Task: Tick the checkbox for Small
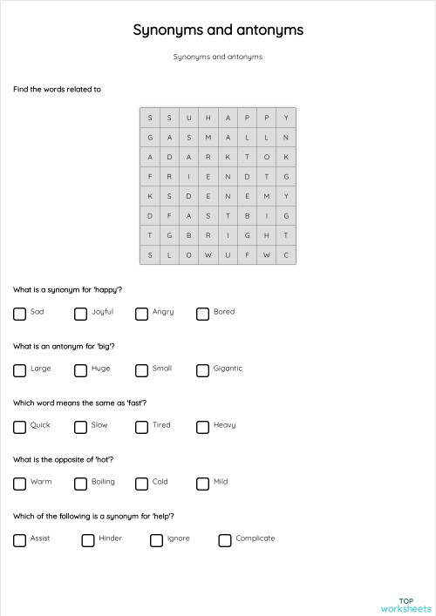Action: point(141,370)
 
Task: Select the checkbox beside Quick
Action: point(19,427)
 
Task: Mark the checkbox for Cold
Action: point(141,484)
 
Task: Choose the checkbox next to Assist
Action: point(19,540)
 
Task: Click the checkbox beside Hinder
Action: point(88,540)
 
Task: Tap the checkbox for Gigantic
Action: point(202,370)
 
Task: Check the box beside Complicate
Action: point(225,540)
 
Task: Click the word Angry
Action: point(163,312)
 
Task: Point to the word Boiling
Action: point(103,482)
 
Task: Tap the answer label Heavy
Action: point(224,425)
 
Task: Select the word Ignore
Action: point(178,538)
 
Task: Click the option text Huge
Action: point(100,369)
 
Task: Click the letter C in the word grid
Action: point(286,255)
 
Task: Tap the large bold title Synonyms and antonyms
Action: point(218,30)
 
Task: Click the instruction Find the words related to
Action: point(57,89)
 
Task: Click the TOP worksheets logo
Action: point(405,604)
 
